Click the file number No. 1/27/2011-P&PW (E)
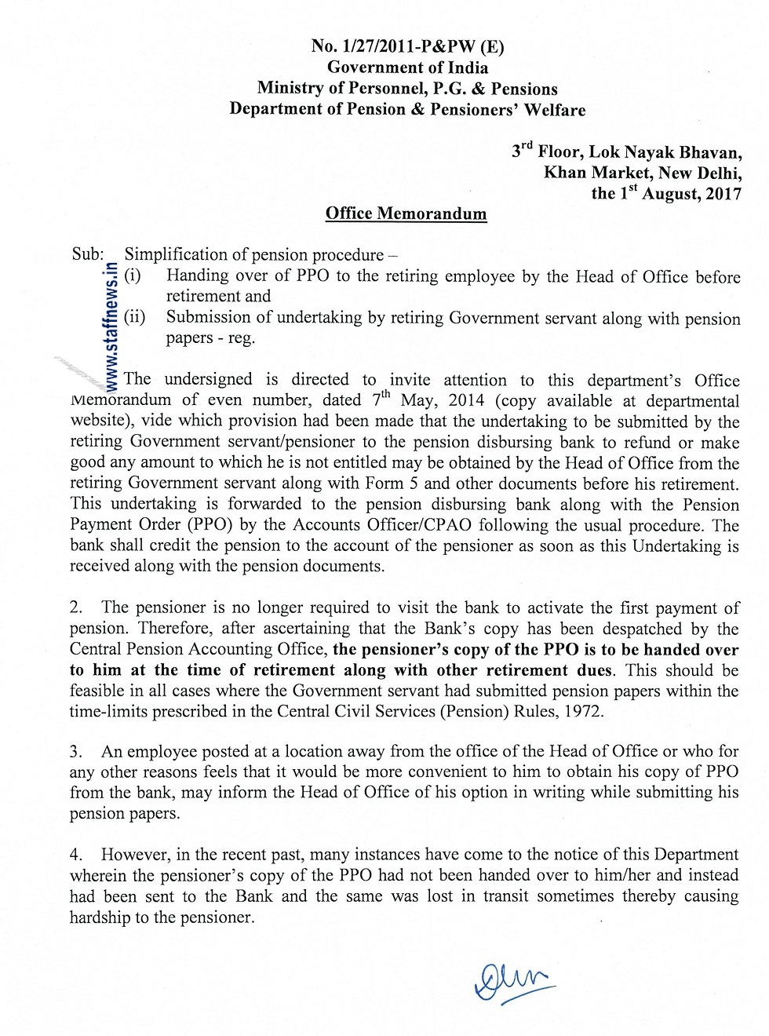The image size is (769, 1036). click(x=407, y=46)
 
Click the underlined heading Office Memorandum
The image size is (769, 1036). click(x=406, y=213)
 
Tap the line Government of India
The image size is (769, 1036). click(x=407, y=67)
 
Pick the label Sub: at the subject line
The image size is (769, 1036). click(x=88, y=254)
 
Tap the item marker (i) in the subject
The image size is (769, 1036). click(x=133, y=275)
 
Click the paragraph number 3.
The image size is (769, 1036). click(x=75, y=752)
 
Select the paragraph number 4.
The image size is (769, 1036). click(x=75, y=855)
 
